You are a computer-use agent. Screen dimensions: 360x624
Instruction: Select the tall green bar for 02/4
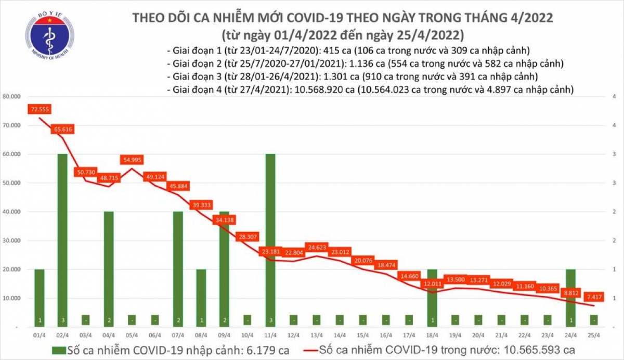(x=62, y=239)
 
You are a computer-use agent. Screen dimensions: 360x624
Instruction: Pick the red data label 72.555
(x=40, y=110)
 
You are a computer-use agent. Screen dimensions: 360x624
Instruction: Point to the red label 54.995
(x=134, y=160)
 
